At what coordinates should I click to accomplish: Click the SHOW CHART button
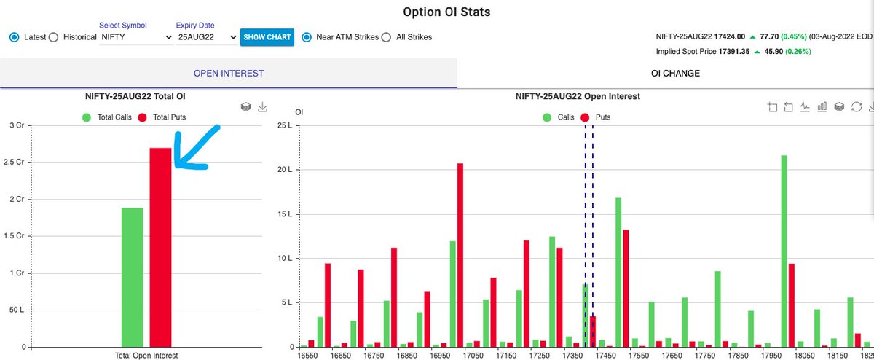tap(267, 37)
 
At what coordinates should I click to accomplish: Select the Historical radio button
tap(53, 37)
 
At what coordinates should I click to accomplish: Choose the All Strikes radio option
tap(386, 37)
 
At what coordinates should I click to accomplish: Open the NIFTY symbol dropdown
tap(136, 37)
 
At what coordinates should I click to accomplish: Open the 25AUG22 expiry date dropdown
tap(207, 37)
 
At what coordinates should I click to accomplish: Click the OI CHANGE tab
tap(665, 74)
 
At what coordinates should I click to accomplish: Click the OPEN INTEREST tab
tap(228, 74)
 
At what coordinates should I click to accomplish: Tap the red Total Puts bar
tap(160, 247)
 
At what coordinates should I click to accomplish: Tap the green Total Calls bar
tap(132, 277)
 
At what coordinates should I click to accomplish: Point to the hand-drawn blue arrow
tap(197, 149)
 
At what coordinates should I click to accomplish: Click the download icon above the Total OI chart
tap(263, 107)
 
